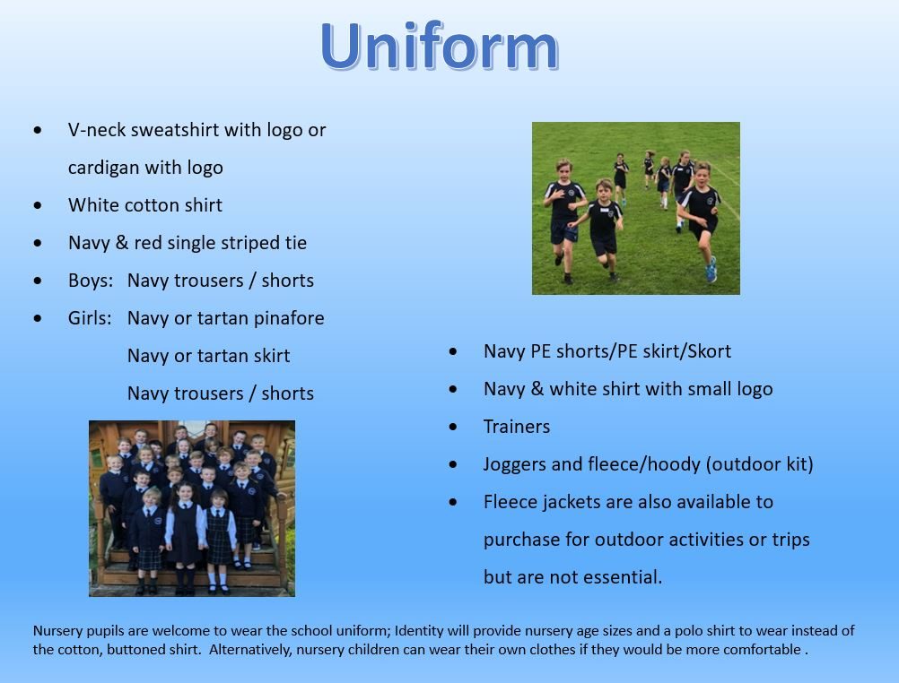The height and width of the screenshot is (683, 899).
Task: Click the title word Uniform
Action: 439,46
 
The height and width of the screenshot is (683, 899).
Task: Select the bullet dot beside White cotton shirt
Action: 38,205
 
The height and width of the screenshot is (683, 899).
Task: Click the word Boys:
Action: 91,281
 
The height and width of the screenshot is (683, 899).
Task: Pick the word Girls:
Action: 90,318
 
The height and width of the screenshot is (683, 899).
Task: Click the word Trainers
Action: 517,427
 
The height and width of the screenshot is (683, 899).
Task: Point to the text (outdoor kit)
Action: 759,464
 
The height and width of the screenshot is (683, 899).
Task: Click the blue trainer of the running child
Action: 711,270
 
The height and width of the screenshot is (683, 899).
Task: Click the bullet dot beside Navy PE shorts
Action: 453,351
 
